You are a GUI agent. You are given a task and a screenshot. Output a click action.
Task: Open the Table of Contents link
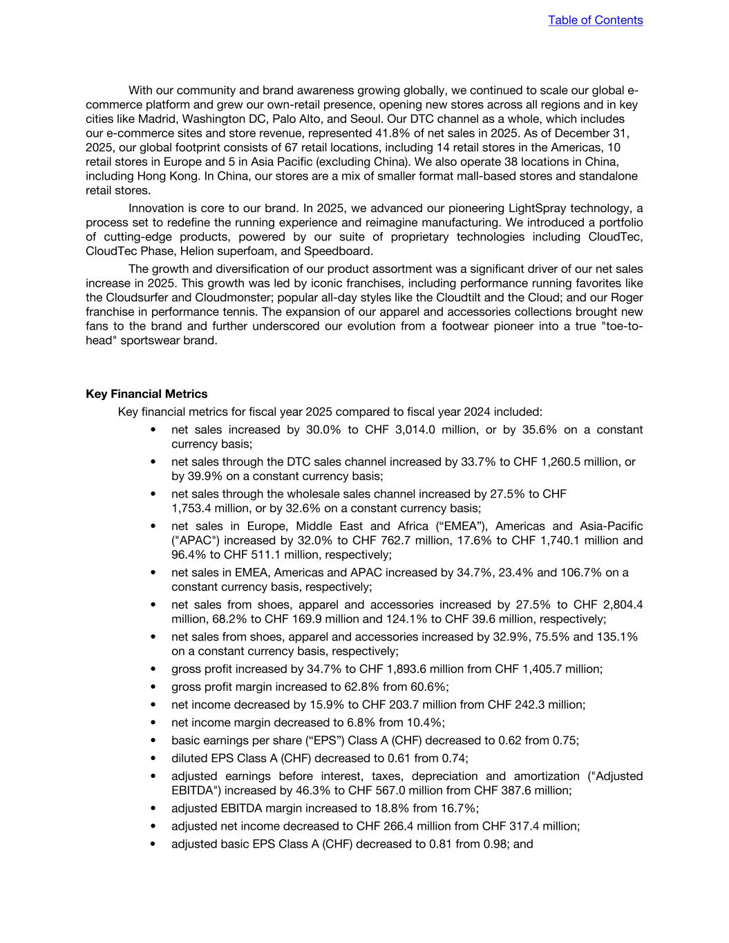[595, 20]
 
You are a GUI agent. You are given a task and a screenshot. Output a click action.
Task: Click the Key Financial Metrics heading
[146, 394]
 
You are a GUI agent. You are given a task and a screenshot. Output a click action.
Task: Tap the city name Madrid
[157, 119]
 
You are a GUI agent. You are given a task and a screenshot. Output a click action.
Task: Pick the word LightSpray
[537, 209]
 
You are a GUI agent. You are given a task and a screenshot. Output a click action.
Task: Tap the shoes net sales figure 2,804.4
[618, 604]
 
